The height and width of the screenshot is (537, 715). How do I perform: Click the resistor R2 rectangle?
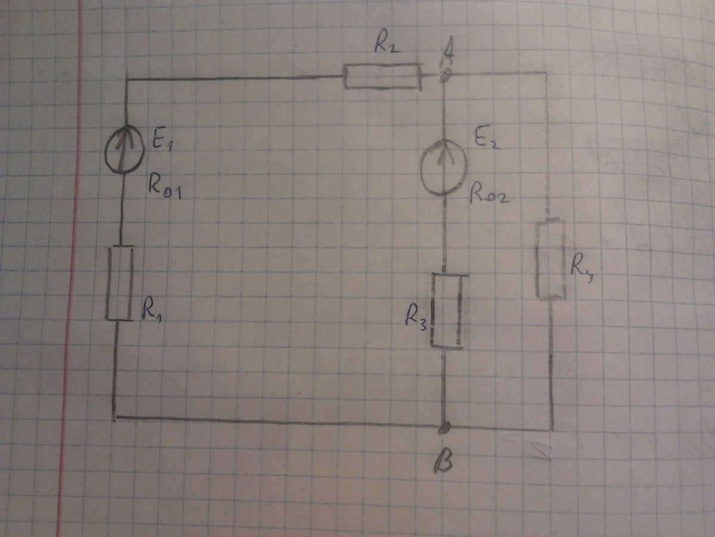[383, 78]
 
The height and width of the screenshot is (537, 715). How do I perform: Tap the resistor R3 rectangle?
[446, 310]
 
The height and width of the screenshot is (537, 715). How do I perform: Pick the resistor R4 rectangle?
[551, 260]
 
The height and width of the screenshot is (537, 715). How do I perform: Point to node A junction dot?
[444, 75]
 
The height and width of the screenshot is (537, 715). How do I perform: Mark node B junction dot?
[444, 427]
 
